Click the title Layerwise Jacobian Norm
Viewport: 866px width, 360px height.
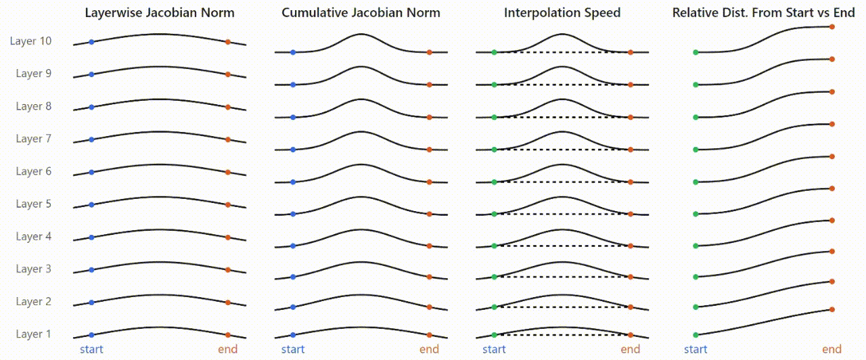click(x=160, y=13)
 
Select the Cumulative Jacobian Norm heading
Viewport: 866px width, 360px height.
click(x=361, y=13)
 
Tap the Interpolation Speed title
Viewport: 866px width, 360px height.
click(x=562, y=13)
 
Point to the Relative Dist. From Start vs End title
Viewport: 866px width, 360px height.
click(x=763, y=13)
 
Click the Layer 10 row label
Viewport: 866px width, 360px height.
click(x=30, y=41)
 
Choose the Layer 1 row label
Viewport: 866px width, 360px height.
click(x=33, y=334)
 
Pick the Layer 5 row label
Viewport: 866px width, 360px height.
click(x=33, y=204)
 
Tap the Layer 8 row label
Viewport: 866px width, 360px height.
click(x=33, y=106)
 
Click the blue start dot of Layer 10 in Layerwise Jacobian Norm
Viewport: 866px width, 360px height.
click(x=91, y=42)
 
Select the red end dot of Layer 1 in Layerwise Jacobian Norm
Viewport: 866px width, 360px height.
click(x=228, y=335)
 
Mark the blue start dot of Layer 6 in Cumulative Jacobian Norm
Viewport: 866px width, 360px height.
click(x=293, y=182)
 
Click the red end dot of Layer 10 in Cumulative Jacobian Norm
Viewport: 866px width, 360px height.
click(x=429, y=52)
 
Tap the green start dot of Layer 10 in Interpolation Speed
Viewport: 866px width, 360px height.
click(x=495, y=52)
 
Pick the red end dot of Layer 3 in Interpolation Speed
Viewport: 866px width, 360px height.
click(x=631, y=277)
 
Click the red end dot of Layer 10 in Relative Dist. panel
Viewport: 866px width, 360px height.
click(x=832, y=26)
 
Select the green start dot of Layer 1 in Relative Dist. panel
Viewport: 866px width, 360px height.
click(x=696, y=335)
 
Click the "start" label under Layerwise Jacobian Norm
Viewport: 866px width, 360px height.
click(x=91, y=350)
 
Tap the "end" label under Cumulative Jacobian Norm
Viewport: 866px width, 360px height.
click(x=429, y=350)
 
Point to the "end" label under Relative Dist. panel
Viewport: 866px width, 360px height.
click(x=832, y=350)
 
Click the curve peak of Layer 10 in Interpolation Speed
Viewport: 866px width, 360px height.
click(x=562, y=34)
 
